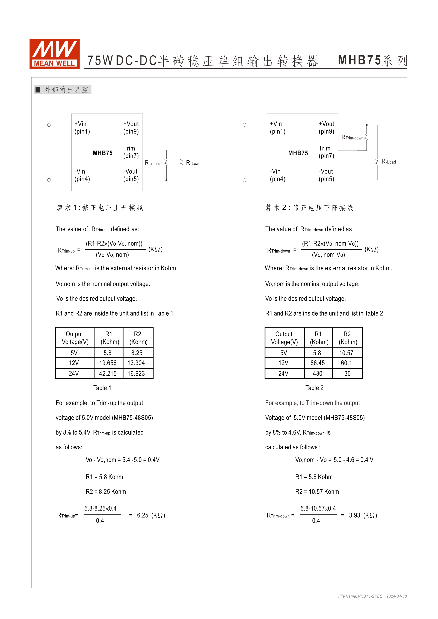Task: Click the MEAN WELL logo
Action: click(54, 54)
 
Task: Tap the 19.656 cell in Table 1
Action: click(108, 363)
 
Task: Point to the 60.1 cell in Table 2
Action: click(346, 363)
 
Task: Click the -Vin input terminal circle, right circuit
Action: click(244, 180)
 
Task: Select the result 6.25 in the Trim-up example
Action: click(143, 515)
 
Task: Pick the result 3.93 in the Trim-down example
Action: click(354, 515)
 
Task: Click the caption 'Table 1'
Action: click(102, 388)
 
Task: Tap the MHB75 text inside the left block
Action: click(103, 153)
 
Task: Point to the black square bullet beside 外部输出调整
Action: click(38, 89)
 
